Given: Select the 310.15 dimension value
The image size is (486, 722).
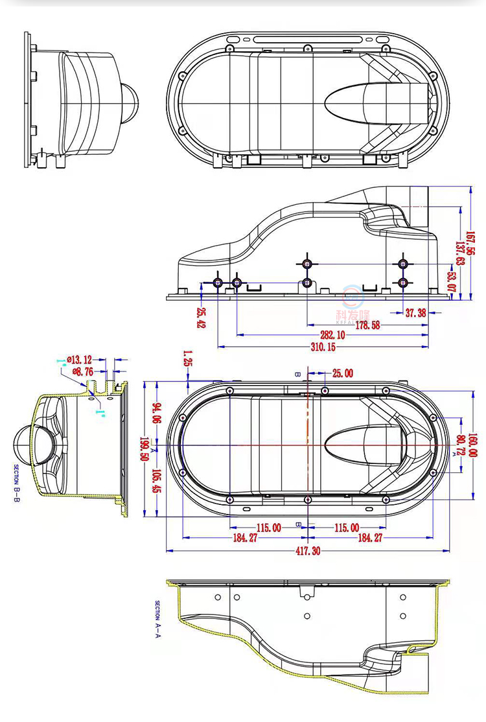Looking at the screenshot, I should pyautogui.click(x=323, y=347).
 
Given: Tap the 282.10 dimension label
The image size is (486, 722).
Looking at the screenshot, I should pyautogui.click(x=332, y=335).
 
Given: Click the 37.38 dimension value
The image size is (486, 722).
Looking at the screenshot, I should pyautogui.click(x=415, y=313).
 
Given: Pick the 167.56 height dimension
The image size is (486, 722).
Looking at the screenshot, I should pyautogui.click(x=470, y=244).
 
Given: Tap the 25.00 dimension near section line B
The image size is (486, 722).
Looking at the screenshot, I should pyautogui.click(x=342, y=373).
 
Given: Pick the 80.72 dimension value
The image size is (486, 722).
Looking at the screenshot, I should pyautogui.click(x=461, y=444).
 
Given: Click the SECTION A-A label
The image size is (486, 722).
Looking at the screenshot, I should pyautogui.click(x=157, y=619).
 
